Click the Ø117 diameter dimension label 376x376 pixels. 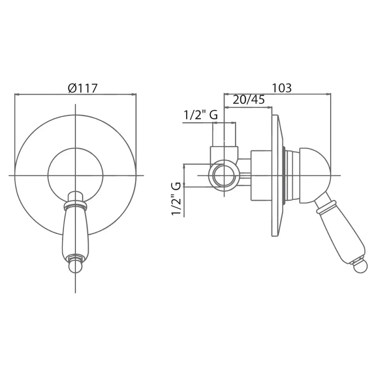pos(83,88)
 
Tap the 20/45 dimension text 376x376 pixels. pos(249,100)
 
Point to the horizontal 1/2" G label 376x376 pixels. pos(201,115)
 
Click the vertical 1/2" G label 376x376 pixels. pos(176,199)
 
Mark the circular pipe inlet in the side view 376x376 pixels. pos(224,176)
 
